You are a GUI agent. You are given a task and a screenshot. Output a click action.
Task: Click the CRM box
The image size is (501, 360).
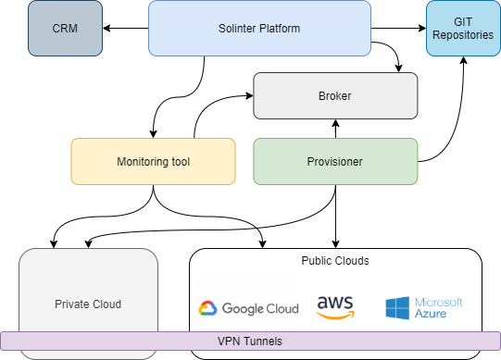[x=65, y=29]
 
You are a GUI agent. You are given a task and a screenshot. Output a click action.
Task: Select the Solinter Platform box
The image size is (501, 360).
[x=259, y=29]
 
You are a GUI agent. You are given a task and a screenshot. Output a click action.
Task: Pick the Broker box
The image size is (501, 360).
[x=335, y=96]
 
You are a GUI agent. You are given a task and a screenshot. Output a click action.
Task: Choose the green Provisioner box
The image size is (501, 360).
[x=335, y=162]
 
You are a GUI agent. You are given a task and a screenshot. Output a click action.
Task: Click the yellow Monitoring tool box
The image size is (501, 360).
[x=153, y=162]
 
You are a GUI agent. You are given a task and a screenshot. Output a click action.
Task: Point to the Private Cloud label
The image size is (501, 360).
[x=88, y=304]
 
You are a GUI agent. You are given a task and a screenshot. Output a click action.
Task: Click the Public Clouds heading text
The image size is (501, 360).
[x=335, y=261]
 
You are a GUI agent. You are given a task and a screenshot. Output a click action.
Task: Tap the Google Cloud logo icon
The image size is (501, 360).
[x=207, y=309]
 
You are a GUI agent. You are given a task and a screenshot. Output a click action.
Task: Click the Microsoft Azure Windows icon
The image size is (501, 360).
[x=397, y=308]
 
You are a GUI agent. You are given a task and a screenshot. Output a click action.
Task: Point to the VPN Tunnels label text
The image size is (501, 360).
[x=250, y=341]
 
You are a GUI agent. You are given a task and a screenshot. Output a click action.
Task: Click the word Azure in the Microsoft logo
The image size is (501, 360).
[x=431, y=315]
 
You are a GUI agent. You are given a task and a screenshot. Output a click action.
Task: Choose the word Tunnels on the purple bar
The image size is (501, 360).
[x=262, y=341]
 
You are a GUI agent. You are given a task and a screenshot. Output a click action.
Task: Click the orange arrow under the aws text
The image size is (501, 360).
[x=335, y=315]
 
